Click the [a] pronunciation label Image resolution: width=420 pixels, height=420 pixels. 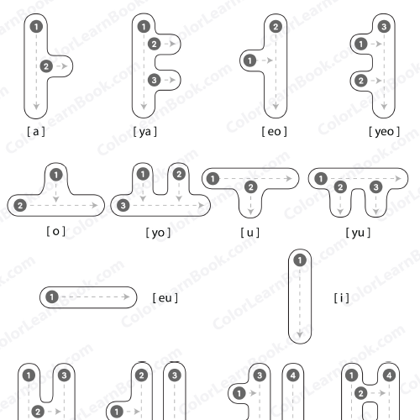[x=36, y=131]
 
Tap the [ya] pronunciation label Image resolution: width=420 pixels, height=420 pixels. [x=144, y=132]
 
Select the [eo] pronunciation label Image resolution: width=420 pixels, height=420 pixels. [x=274, y=131]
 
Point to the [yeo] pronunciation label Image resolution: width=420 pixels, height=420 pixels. [x=384, y=132]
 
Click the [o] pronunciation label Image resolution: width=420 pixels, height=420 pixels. [x=56, y=231]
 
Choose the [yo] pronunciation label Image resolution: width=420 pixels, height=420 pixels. [x=158, y=233]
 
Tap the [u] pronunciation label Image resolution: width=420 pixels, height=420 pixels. [x=250, y=233]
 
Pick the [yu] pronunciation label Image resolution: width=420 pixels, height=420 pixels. [x=358, y=233]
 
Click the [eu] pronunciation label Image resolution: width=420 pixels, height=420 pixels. [x=165, y=298]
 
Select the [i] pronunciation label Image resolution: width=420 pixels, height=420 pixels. [x=342, y=298]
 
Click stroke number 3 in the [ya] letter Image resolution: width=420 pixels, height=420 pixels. [x=154, y=80]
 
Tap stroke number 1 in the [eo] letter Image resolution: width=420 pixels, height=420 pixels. [x=249, y=60]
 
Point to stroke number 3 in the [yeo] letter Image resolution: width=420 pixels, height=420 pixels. [x=384, y=27]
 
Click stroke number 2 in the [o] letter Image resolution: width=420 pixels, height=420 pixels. [x=20, y=206]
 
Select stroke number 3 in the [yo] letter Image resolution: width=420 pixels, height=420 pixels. [x=123, y=206]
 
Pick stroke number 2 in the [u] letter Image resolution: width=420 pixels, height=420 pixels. [x=250, y=187]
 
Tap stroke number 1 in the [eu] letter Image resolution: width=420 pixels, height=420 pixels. [x=52, y=297]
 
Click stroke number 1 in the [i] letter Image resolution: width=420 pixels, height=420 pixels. [x=300, y=260]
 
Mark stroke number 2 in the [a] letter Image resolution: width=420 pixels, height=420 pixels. [x=46, y=66]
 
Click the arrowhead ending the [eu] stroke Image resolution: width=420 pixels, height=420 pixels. [x=126, y=297]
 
